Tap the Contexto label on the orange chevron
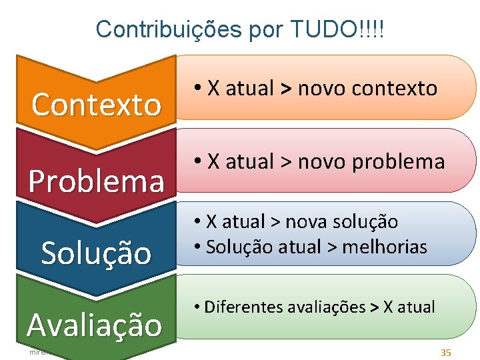pos(97,105)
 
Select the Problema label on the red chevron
pos(97,180)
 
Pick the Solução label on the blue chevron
pos(97,253)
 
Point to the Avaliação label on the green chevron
pos(95,325)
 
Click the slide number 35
pos(446,351)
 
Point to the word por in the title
pos(267,29)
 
